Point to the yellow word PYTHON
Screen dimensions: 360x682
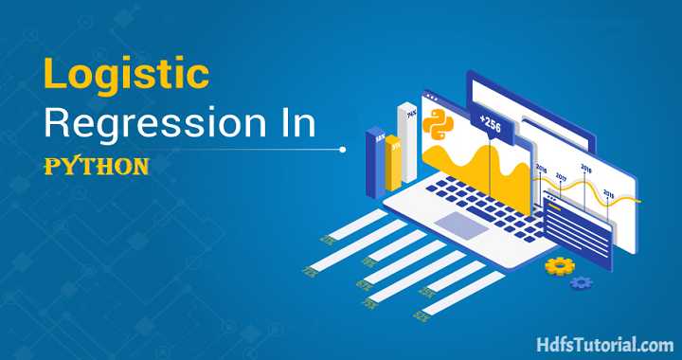98,167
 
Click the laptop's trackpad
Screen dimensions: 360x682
455,225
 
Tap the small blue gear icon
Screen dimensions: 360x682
582,281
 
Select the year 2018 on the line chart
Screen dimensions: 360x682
585,169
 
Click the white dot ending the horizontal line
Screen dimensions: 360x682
342,149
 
